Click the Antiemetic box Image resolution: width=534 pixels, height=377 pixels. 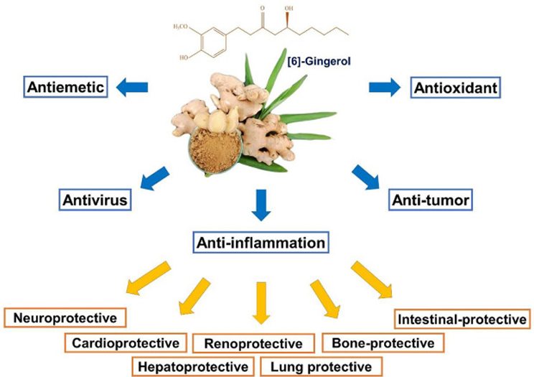[x=66, y=87]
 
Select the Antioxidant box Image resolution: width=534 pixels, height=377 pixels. [x=456, y=88]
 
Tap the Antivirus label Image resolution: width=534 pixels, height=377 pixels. [x=95, y=200]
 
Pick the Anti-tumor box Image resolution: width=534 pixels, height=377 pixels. [x=431, y=200]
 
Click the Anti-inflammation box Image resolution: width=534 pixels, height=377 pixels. [x=261, y=243]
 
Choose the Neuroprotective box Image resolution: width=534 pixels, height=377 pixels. [x=65, y=317]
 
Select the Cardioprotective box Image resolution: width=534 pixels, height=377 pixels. [x=126, y=343]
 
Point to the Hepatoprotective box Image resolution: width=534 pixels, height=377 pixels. [x=193, y=367]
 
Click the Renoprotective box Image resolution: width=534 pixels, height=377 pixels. [x=253, y=343]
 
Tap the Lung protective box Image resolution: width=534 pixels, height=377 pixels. [x=321, y=367]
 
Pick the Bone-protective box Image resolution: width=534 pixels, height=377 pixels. [x=383, y=343]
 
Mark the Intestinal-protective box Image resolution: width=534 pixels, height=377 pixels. [x=462, y=319]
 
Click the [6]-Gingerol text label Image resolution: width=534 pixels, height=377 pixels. [x=319, y=61]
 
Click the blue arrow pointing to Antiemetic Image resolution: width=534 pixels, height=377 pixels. [x=132, y=88]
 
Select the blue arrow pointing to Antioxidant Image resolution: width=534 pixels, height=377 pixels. [x=385, y=88]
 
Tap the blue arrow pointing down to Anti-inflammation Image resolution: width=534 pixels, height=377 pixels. [x=261, y=205]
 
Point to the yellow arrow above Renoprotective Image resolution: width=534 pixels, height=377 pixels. [x=261, y=303]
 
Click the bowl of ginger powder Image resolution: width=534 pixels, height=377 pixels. [x=215, y=150]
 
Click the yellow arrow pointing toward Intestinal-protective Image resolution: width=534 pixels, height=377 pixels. [x=372, y=279]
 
